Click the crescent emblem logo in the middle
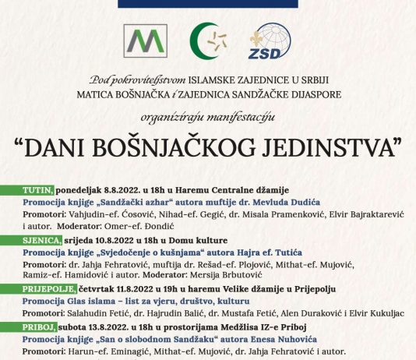tap(206, 44)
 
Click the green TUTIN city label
tap(37, 189)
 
